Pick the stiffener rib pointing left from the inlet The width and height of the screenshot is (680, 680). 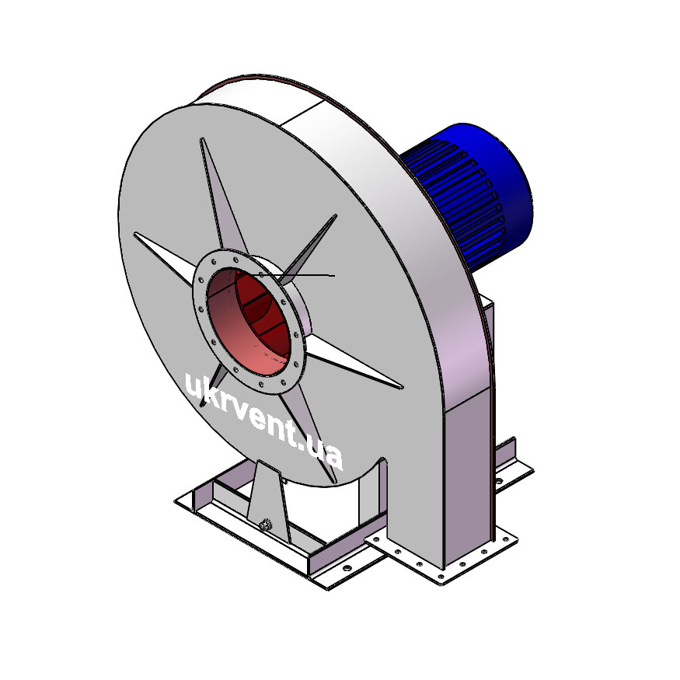coord(164,255)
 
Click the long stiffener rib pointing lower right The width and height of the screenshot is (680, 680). coord(354,364)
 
